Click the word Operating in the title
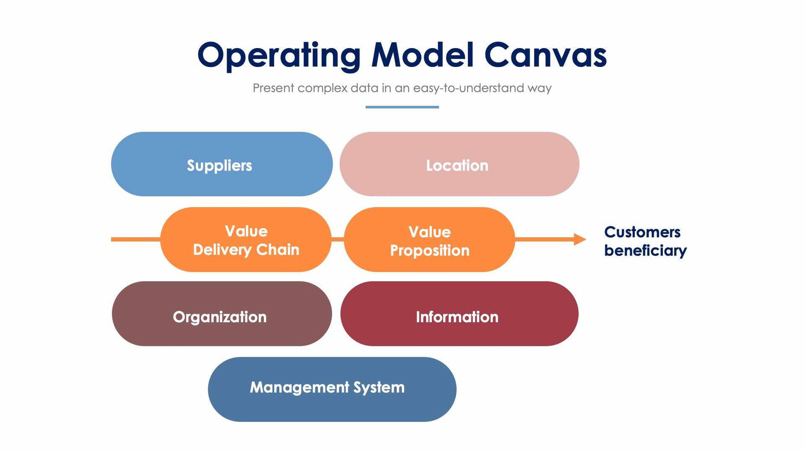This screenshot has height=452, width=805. point(279,56)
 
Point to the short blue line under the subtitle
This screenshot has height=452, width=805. point(402,107)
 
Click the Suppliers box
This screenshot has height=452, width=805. point(221,164)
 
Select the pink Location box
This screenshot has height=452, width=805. point(459,164)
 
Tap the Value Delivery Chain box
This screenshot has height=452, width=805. point(245,240)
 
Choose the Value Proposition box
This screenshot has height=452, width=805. point(429,240)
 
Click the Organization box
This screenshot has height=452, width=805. point(221,314)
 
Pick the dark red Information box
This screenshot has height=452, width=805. point(459,314)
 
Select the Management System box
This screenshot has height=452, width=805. point(331,389)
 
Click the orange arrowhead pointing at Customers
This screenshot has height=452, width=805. point(579,239)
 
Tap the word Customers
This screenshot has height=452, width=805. point(642,232)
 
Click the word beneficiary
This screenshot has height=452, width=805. point(645,251)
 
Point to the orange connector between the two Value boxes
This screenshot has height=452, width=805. point(337,239)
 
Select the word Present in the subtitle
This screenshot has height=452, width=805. point(273,88)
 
